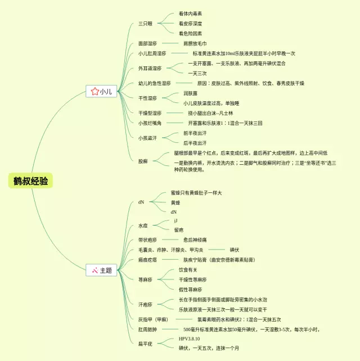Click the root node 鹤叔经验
click(31, 180)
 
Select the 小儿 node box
click(101, 91)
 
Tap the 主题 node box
click(101, 270)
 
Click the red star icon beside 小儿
click(94, 91)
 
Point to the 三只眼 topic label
click(146, 24)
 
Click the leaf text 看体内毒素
click(190, 13)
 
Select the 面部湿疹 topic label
click(148, 43)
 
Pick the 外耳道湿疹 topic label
click(150, 69)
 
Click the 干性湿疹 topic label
click(148, 98)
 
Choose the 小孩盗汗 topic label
click(148, 138)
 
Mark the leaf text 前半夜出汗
click(195, 133)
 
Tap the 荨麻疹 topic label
click(145, 279)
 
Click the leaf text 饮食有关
click(189, 270)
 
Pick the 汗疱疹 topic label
click(145, 304)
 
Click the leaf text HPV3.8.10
click(190, 339)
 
